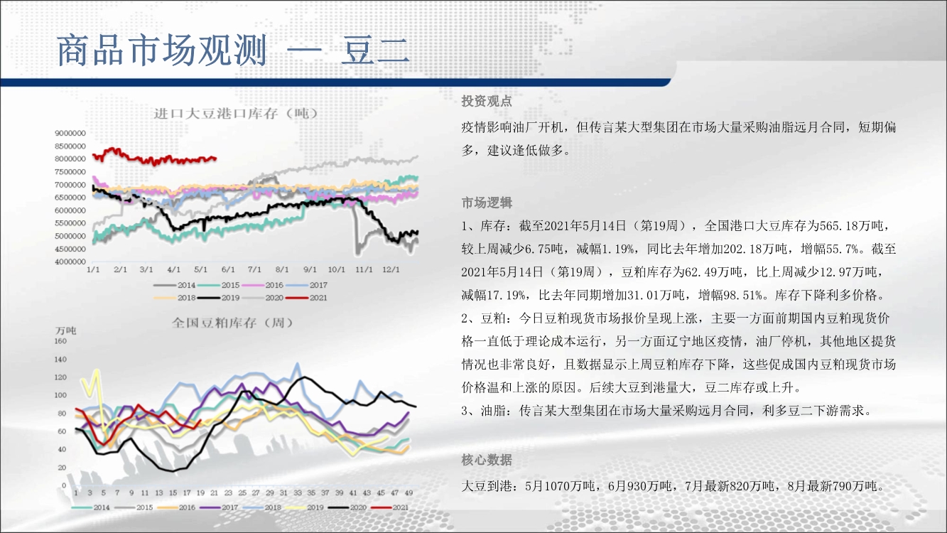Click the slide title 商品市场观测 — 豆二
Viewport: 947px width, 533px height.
pos(233,50)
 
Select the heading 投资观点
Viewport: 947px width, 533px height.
pos(487,101)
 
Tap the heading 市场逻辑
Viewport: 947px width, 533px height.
pos(487,203)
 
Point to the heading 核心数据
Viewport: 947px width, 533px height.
pos(487,460)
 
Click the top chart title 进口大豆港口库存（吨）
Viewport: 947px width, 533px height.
pos(236,114)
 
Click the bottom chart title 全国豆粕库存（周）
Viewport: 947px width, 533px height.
pos(232,323)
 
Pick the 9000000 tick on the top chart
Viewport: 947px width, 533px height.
pos(70,134)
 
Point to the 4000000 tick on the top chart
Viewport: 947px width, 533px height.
pos(70,262)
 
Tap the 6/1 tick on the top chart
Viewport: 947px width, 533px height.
pos(228,269)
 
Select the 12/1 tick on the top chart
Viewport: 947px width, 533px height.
pos(391,269)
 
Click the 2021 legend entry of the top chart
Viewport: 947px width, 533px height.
pos(306,298)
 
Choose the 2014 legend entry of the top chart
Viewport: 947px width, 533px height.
pos(174,285)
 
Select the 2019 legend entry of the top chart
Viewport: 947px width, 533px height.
pos(219,298)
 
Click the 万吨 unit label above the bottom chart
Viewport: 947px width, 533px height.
pos(65,330)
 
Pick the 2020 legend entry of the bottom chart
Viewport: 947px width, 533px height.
pos(347,507)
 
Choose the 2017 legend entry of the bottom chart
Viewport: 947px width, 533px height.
pos(219,507)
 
